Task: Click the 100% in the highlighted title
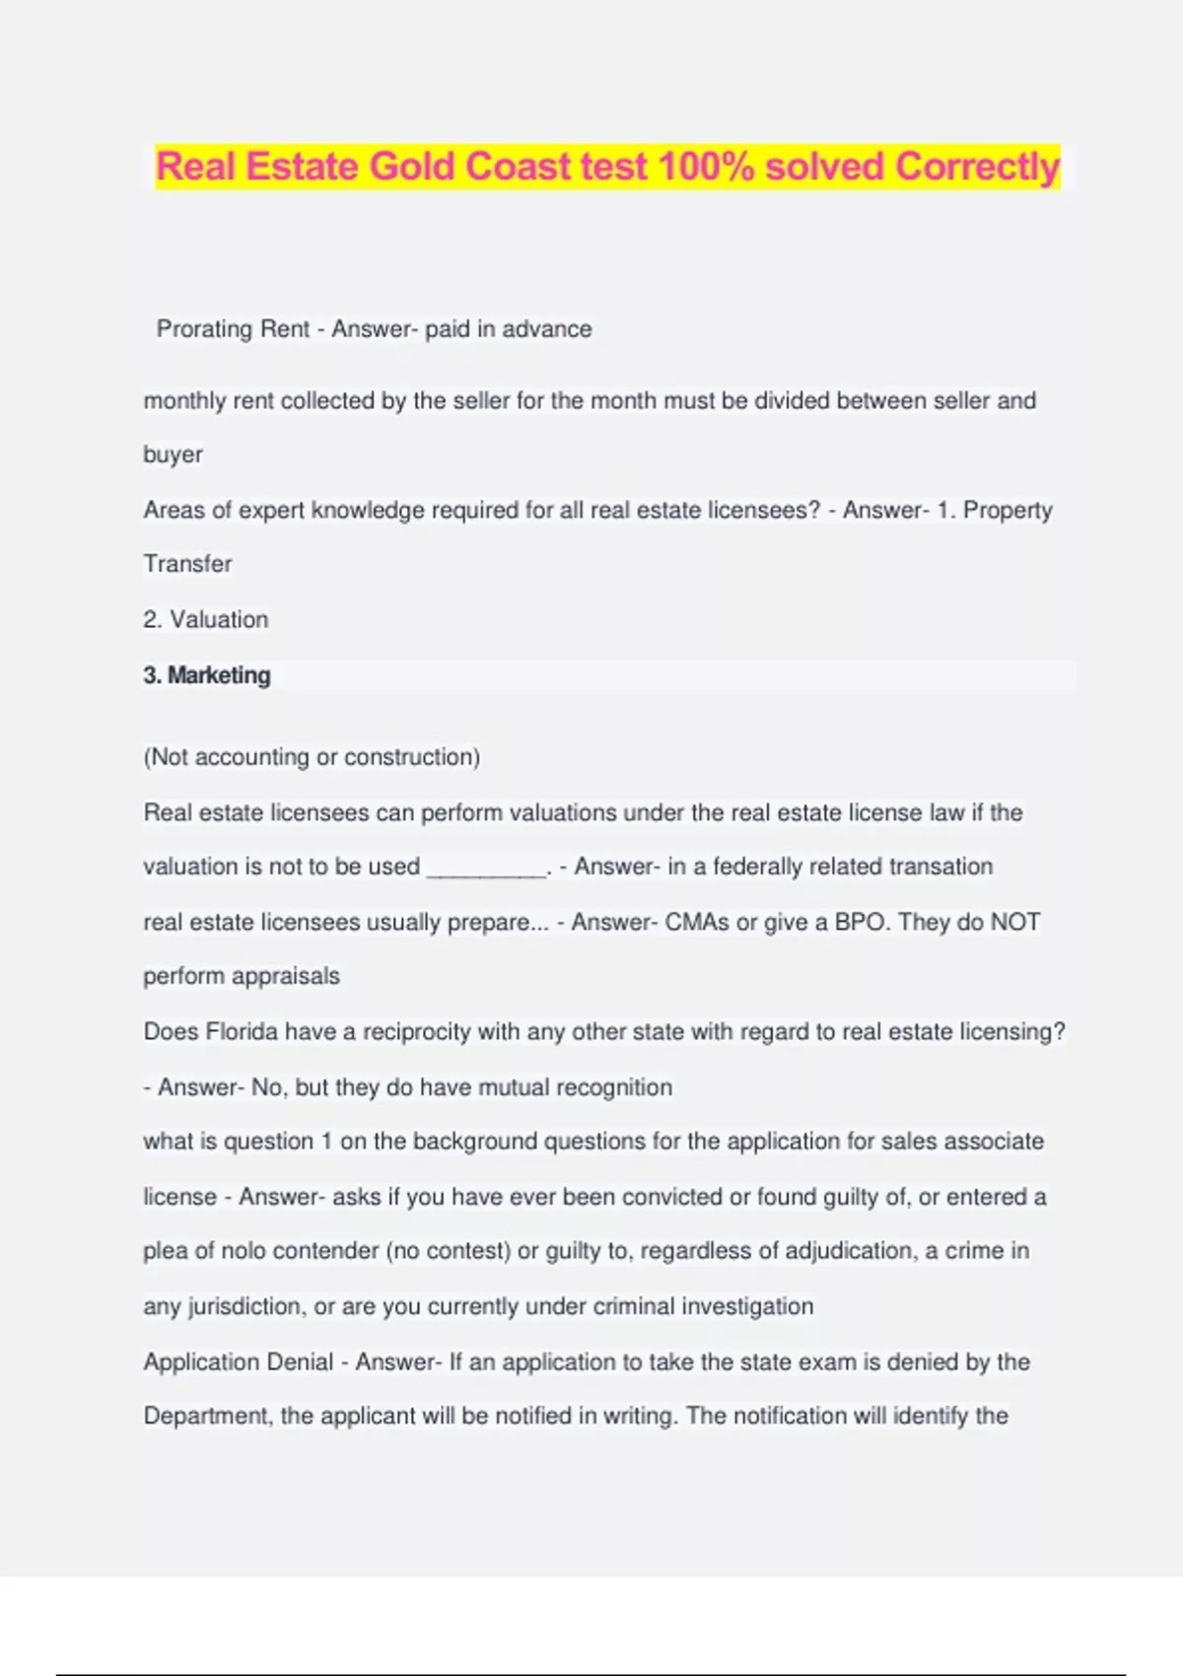(x=705, y=167)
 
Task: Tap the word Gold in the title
(x=412, y=167)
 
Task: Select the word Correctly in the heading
(x=977, y=167)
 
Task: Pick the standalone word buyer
(x=173, y=455)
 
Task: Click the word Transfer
(x=187, y=564)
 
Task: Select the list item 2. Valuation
(x=205, y=620)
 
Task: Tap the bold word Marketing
(x=219, y=675)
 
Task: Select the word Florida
(x=241, y=1032)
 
